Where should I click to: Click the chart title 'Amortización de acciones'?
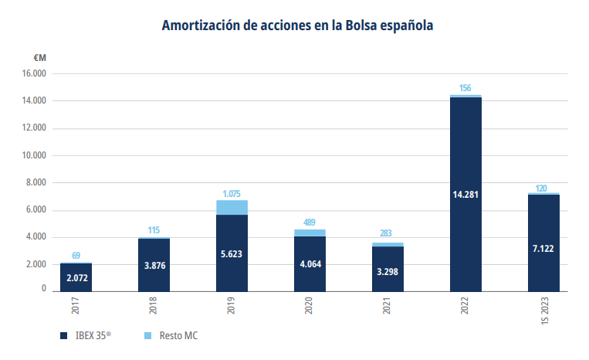click(297, 25)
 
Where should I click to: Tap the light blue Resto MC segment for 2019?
click(232, 207)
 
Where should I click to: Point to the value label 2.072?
click(76, 277)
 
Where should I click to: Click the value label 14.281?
click(465, 194)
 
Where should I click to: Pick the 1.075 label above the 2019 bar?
click(232, 193)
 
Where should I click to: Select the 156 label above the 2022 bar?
click(465, 88)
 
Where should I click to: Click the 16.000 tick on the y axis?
click(34, 74)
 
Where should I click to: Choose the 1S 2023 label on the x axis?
click(544, 312)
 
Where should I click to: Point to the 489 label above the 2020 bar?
click(310, 222)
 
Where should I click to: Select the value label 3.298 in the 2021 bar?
click(388, 270)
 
